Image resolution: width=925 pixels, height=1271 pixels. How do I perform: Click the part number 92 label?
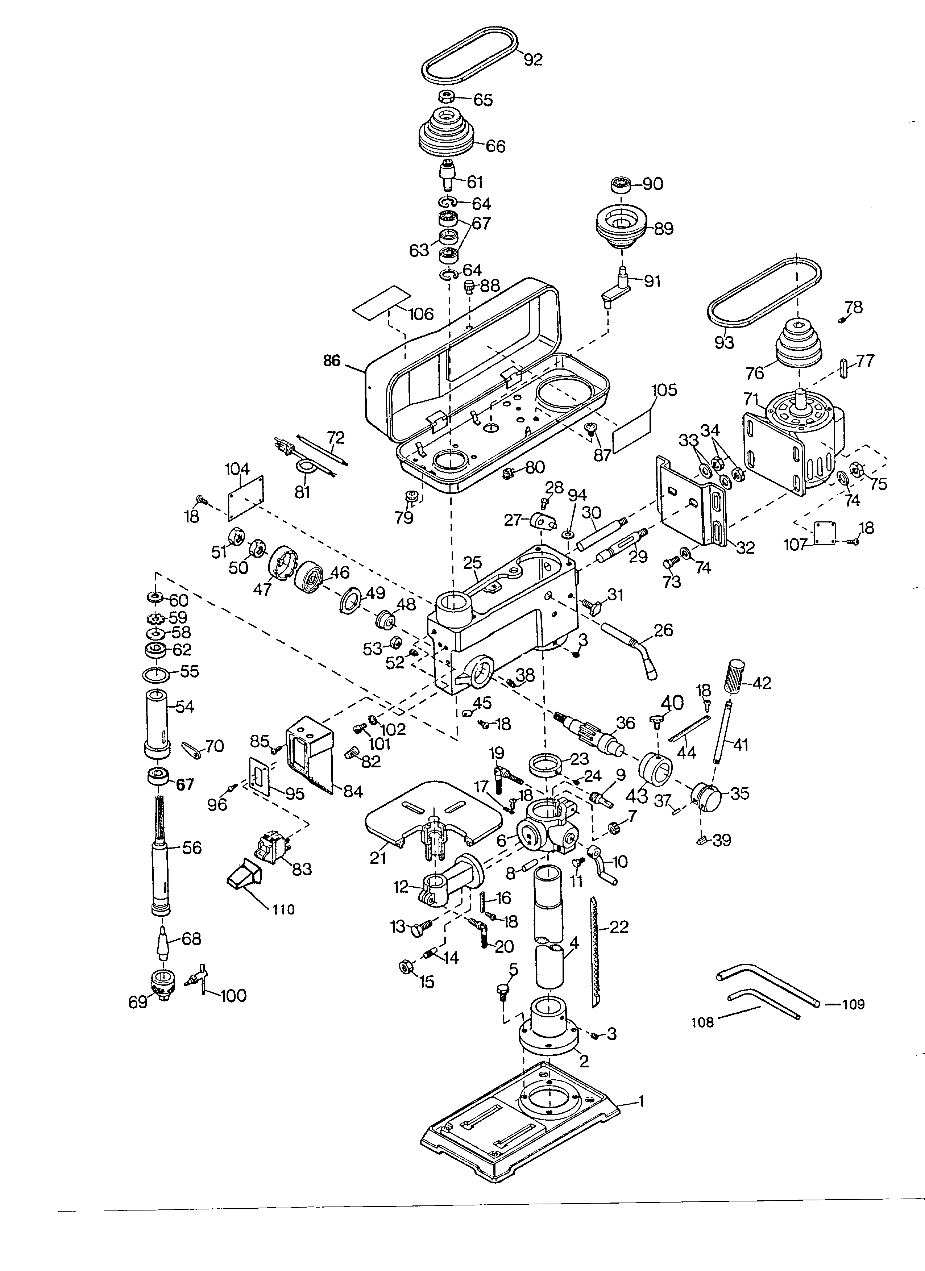[x=533, y=59]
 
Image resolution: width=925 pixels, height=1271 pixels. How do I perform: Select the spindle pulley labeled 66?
[x=447, y=134]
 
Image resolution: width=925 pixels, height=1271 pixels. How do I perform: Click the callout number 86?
[x=332, y=362]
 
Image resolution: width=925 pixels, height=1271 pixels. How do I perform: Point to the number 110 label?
[x=284, y=909]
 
